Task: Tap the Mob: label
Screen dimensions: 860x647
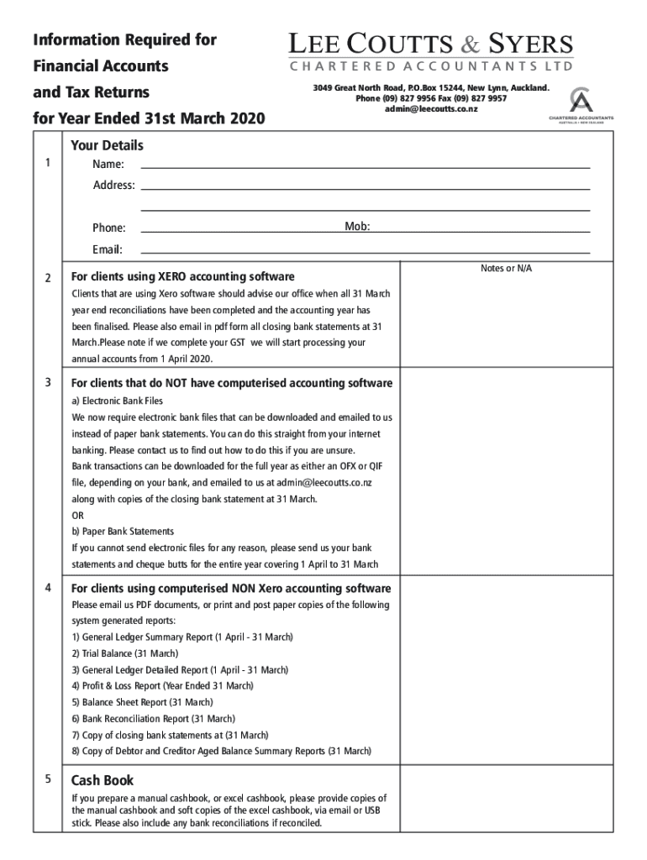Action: [x=357, y=227]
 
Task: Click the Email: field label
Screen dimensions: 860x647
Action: [x=108, y=249]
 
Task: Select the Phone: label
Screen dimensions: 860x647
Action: [x=109, y=228]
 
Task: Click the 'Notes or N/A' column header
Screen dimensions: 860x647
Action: [x=506, y=268]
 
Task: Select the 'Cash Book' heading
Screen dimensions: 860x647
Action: [x=103, y=779]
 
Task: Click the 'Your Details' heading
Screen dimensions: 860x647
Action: [x=107, y=145]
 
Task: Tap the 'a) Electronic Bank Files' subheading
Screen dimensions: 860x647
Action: [x=118, y=401]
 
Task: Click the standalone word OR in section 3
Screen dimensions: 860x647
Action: [x=78, y=515]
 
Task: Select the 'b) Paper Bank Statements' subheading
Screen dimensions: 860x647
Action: [x=123, y=531]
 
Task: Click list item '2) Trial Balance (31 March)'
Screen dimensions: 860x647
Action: [x=125, y=653]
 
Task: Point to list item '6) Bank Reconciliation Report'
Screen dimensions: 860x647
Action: [x=153, y=718]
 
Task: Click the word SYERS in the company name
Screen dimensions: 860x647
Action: [x=531, y=45]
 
